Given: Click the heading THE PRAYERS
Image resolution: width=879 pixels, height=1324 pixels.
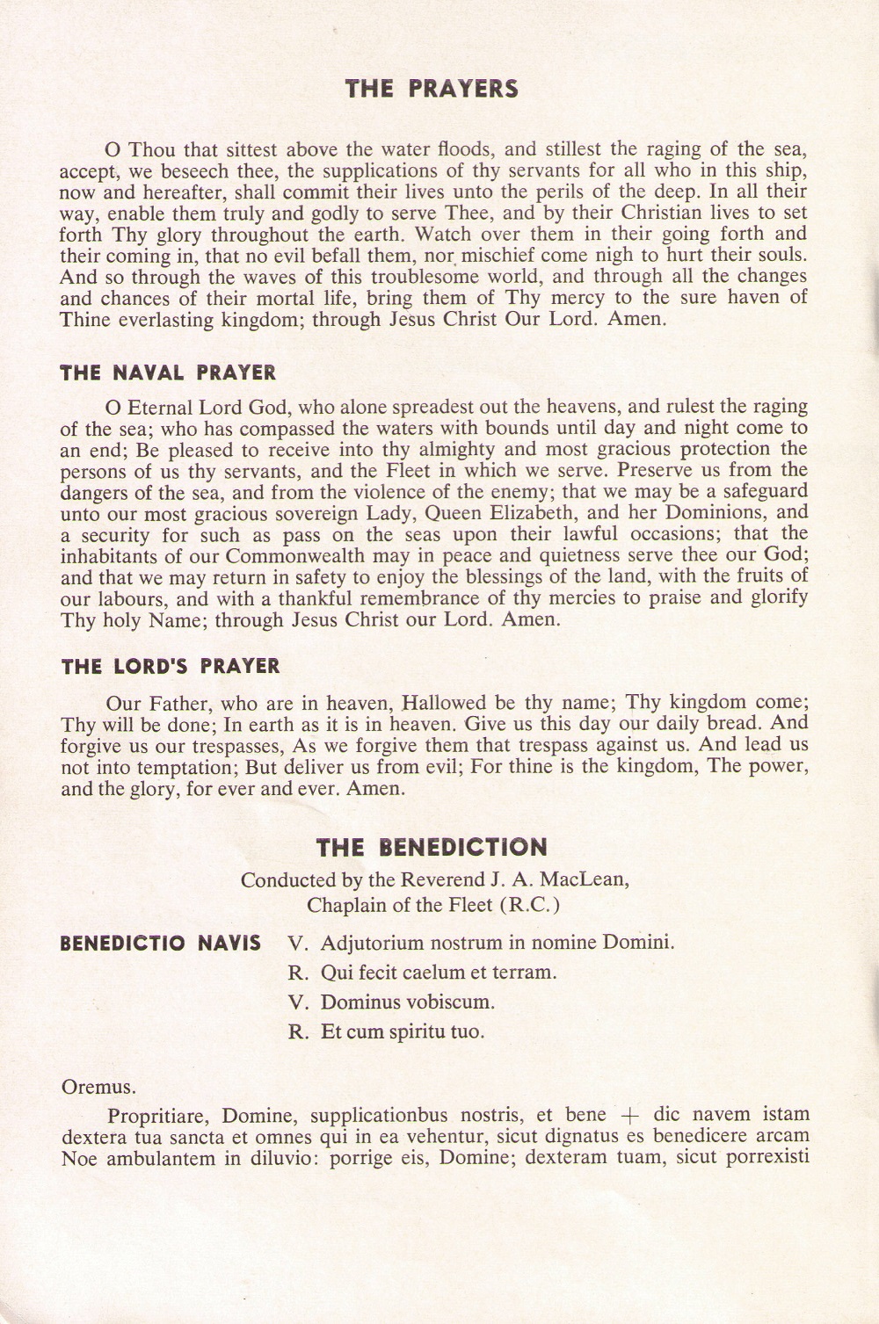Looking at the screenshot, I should pyautogui.click(x=432, y=89).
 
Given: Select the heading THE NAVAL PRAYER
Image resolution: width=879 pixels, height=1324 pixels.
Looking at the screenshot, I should pyautogui.click(x=168, y=373).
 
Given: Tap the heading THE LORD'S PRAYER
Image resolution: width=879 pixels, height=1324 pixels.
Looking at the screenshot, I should pyautogui.click(x=171, y=666).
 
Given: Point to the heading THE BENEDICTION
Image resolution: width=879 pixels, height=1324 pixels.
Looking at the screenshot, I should pyautogui.click(x=432, y=848).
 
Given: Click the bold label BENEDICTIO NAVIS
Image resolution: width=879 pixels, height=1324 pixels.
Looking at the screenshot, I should pyautogui.click(x=160, y=944).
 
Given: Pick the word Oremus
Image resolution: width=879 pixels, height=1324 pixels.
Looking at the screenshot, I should pyautogui.click(x=98, y=1087).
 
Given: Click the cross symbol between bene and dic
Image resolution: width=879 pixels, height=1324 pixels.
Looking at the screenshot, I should pyautogui.click(x=629, y=1116).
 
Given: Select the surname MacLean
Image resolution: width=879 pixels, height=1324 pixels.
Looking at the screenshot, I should pyautogui.click(x=590, y=879).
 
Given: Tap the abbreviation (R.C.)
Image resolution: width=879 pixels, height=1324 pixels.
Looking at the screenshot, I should pyautogui.click(x=529, y=904).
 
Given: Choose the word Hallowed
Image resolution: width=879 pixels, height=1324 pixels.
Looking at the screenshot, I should pyautogui.click(x=444, y=703).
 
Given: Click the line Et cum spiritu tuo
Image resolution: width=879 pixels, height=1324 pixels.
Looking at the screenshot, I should pyautogui.click(x=403, y=1031).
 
